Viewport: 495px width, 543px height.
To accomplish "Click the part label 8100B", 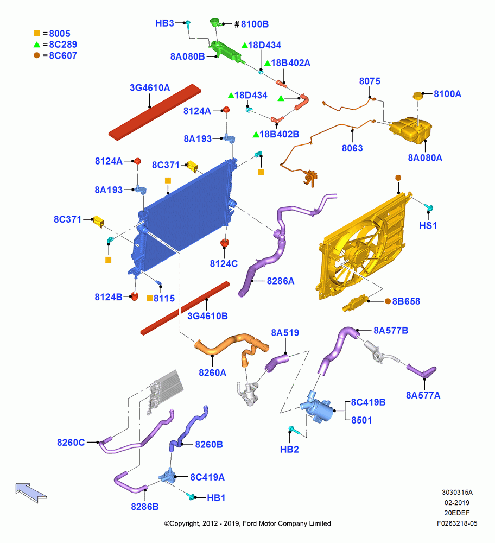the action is click(x=255, y=24).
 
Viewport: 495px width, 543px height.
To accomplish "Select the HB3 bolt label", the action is click(x=164, y=23).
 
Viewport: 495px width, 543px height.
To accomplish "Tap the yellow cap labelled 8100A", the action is click(x=418, y=96).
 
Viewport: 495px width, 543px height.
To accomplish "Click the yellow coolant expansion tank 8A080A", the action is click(x=410, y=130).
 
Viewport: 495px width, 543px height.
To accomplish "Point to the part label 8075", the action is click(x=370, y=81).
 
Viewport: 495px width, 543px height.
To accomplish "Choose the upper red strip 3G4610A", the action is click(x=155, y=112).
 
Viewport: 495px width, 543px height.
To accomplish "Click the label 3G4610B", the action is click(x=207, y=316).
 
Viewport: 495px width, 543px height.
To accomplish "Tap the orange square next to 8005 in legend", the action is click(x=37, y=33).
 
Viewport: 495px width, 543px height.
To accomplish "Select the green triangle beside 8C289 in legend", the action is click(x=37, y=45).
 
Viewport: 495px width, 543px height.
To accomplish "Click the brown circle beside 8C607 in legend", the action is click(x=37, y=55).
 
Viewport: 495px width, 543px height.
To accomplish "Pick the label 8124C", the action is click(x=224, y=263).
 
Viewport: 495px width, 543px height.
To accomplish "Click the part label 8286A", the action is click(x=281, y=281).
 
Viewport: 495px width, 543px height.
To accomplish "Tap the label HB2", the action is click(x=289, y=449).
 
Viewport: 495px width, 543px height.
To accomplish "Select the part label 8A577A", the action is click(x=423, y=395).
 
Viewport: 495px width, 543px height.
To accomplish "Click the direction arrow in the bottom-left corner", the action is click(x=31, y=493).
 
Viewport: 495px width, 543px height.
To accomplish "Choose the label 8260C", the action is click(x=71, y=443).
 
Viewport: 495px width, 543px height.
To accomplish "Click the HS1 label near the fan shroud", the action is click(x=428, y=225).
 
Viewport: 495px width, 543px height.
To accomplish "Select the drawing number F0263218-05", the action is click(x=457, y=523).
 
